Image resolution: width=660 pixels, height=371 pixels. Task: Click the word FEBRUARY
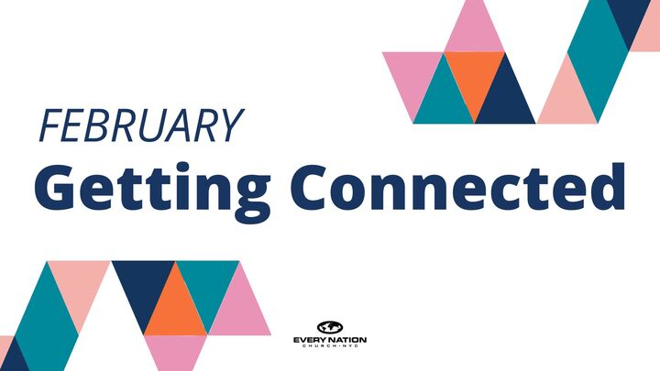(138, 126)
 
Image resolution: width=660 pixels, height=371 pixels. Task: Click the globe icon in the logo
(329, 326)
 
